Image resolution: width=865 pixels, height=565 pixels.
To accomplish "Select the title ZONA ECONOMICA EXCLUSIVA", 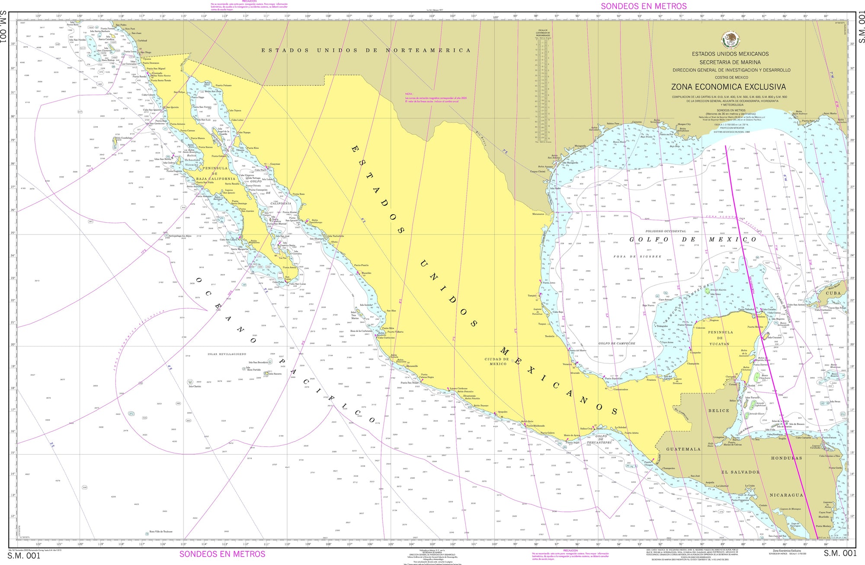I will pyautogui.click(x=728, y=87).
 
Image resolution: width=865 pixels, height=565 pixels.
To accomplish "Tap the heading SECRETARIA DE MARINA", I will pyautogui.click(x=730, y=62).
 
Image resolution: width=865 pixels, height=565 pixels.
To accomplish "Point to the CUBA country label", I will pyautogui.click(x=833, y=293).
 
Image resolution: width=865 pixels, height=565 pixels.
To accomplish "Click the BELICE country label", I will pyautogui.click(x=718, y=411).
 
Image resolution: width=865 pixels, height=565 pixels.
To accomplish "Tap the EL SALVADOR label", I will pyautogui.click(x=740, y=472).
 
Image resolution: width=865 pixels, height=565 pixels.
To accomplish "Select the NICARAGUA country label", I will pyautogui.click(x=786, y=495).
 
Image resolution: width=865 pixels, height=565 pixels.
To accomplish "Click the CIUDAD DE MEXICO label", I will pyautogui.click(x=497, y=361).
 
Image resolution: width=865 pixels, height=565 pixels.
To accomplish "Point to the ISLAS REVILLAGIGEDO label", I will pyautogui.click(x=227, y=354).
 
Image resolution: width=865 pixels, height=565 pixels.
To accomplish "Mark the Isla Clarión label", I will pyautogui.click(x=195, y=386).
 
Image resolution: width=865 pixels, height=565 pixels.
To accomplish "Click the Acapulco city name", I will pyautogui.click(x=503, y=412).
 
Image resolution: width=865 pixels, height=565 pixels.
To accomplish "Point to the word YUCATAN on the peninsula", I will pyautogui.click(x=719, y=343).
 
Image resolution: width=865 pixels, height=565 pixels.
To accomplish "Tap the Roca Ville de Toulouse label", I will pyautogui.click(x=161, y=531).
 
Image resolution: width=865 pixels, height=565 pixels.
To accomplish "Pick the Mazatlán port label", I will pyautogui.click(x=366, y=273).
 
